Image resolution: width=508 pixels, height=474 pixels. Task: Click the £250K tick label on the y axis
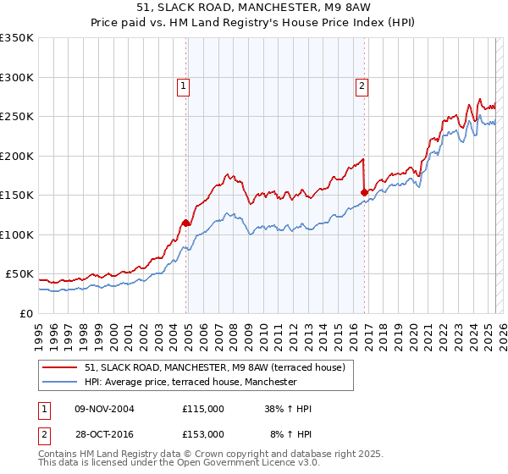[16, 117]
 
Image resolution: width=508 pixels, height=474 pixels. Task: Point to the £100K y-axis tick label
[16, 234]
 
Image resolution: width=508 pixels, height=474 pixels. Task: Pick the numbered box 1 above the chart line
[183, 85]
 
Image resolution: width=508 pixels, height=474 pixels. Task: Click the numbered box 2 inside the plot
[362, 85]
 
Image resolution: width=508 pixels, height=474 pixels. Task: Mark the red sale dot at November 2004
[185, 223]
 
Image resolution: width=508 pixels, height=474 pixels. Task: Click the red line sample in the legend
[61, 368]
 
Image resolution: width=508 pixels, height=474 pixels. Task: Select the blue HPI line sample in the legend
[61, 383]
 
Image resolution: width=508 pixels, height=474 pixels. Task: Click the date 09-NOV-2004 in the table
[104, 409]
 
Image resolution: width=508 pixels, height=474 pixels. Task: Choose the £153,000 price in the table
[203, 433]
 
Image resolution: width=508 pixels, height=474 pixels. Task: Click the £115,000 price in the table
[203, 409]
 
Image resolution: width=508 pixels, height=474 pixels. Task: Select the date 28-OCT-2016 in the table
[104, 433]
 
